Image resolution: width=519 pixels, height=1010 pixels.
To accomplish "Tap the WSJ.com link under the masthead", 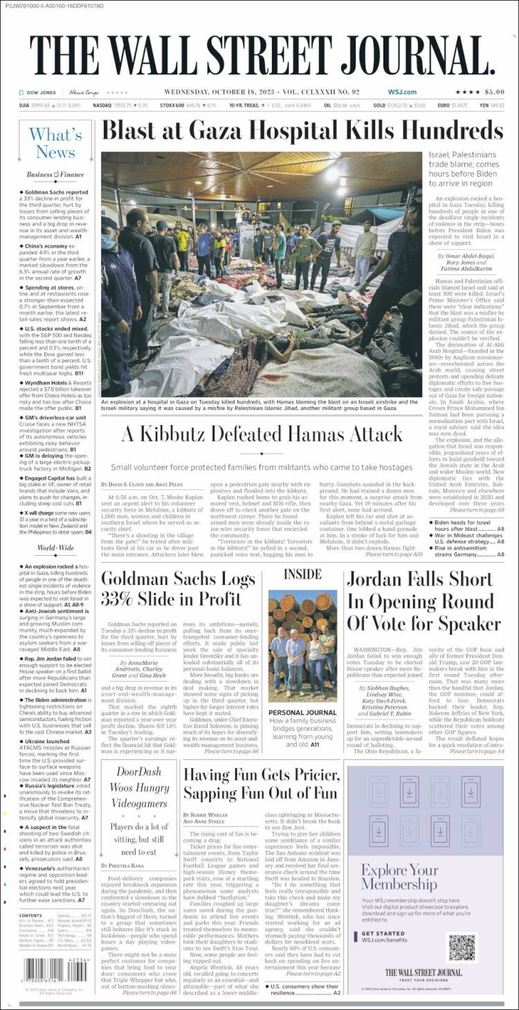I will [x=401, y=92].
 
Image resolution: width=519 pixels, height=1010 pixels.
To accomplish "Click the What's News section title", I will [x=55, y=143].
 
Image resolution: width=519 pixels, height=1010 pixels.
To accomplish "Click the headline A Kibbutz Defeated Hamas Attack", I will [x=262, y=434].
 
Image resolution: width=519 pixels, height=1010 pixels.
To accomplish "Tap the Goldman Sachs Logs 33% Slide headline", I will [x=178, y=588].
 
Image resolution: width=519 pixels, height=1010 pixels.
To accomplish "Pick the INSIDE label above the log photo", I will [x=302, y=574].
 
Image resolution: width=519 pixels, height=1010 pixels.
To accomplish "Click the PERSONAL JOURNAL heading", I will [x=302, y=713].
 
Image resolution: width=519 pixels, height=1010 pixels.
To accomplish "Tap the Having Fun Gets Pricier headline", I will [x=261, y=783].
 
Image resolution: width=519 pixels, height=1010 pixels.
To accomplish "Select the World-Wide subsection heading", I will [x=55, y=548].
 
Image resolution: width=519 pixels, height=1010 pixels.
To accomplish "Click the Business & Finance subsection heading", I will [x=55, y=175].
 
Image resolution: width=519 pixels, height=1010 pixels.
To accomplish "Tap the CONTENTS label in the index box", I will [x=30, y=916].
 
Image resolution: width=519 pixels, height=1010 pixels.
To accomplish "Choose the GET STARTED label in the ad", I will [x=384, y=933].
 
